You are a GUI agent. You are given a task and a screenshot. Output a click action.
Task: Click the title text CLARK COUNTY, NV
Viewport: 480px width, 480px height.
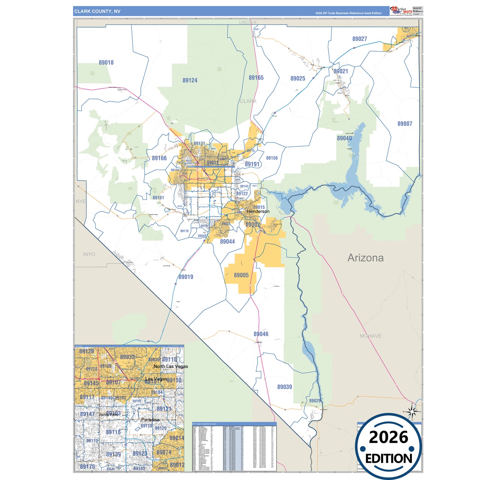pyautogui.click(x=97, y=11)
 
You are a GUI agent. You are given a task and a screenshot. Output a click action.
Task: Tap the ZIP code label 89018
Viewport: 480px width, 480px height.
pyautogui.click(x=106, y=62)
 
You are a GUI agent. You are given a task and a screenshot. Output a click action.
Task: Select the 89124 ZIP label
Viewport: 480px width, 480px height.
pyautogui.click(x=190, y=80)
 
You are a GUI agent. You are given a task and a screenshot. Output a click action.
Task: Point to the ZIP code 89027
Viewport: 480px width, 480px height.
pyautogui.click(x=359, y=39)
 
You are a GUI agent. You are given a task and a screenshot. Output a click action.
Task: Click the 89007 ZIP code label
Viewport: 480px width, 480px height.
pyautogui.click(x=405, y=124)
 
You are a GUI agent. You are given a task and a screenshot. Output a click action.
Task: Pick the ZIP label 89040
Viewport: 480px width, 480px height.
pyautogui.click(x=344, y=138)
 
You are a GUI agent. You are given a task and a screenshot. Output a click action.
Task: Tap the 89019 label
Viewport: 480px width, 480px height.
pyautogui.click(x=186, y=277)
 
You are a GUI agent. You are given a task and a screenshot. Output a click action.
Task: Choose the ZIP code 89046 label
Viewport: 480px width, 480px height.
pyautogui.click(x=261, y=334)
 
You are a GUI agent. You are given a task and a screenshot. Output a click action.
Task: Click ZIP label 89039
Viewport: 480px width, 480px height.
pyautogui.click(x=284, y=387)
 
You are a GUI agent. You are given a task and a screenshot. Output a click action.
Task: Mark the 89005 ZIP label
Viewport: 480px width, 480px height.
pyautogui.click(x=241, y=275)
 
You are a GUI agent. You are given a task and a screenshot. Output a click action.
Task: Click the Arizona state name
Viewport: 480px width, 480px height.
pyautogui.click(x=365, y=258)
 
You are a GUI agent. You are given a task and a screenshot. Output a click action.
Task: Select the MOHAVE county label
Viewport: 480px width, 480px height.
pyautogui.click(x=370, y=336)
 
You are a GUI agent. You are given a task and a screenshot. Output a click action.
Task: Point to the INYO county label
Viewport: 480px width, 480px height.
pyautogui.click(x=89, y=254)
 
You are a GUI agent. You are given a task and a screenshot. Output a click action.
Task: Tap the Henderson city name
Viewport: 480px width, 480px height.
pyautogui.click(x=258, y=211)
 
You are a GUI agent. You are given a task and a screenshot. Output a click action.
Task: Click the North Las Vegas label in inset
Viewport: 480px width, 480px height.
pyautogui.click(x=171, y=366)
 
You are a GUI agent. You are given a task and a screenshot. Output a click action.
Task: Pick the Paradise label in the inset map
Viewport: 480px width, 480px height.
pyautogui.click(x=150, y=420)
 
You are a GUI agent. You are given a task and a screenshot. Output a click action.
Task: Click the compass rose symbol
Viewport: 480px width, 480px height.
pyautogui.click(x=412, y=412)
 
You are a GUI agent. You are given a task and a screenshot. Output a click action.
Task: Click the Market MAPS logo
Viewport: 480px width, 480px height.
pyautogui.click(x=401, y=11)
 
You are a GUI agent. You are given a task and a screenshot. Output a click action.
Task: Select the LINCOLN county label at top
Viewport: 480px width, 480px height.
pyautogui.click(x=247, y=22)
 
